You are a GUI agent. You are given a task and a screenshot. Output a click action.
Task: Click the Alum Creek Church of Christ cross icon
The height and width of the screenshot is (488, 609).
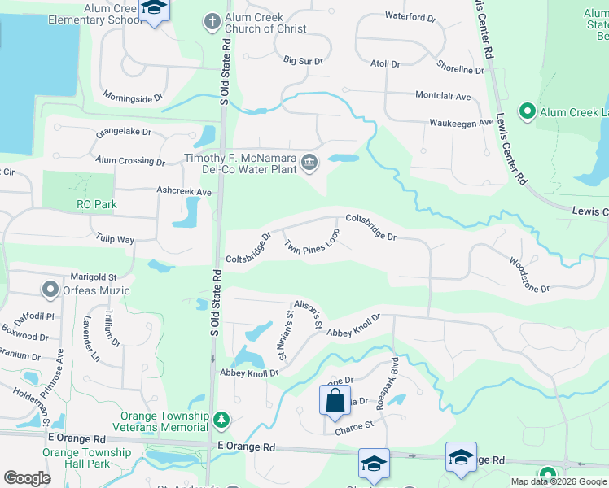(x=212, y=22)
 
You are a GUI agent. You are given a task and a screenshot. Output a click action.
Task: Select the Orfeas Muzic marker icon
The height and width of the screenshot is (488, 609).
(x=50, y=289)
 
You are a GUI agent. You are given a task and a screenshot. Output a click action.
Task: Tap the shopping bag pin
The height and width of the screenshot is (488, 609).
(x=334, y=401)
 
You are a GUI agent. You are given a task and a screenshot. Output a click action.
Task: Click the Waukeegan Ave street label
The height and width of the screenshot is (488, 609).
(x=462, y=123)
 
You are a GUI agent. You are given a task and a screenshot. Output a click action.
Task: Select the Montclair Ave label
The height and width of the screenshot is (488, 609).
(x=443, y=96)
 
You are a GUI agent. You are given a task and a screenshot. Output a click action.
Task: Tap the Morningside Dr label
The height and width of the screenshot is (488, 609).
(x=134, y=98)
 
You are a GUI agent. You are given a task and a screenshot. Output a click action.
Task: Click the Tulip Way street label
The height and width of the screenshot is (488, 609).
(x=115, y=240)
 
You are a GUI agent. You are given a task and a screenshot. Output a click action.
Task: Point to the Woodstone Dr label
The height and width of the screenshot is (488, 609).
(x=530, y=275)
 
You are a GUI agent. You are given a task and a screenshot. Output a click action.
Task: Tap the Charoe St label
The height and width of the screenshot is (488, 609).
(x=353, y=425)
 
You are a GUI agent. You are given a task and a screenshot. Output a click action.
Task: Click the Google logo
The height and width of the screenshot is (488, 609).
(x=28, y=478)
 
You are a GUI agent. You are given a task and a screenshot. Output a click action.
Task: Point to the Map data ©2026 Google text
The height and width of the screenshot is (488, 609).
(x=559, y=481)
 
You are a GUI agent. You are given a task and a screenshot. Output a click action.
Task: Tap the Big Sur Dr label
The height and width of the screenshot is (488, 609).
(x=303, y=61)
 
